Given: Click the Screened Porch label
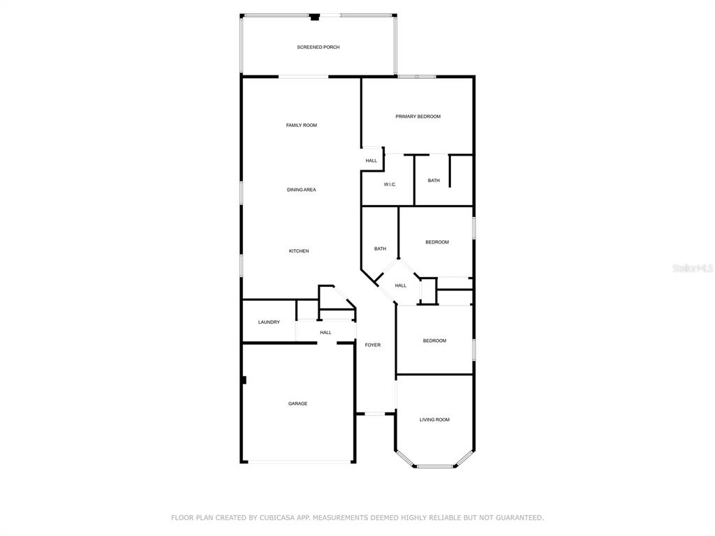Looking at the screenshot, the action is [x=318, y=47].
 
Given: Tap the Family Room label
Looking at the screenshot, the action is [x=302, y=126].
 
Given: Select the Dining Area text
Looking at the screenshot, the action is [x=302, y=190].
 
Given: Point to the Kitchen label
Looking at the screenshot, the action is [x=299, y=251].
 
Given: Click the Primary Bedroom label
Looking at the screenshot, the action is [x=418, y=117].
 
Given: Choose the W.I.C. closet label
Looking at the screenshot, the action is [x=390, y=184].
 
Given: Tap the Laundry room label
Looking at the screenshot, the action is [x=269, y=322].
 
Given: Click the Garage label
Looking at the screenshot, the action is [x=297, y=404].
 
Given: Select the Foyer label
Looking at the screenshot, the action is [x=373, y=345].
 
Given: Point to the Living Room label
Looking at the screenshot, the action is [x=434, y=419].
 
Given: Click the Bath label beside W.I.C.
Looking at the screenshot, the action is [x=434, y=181].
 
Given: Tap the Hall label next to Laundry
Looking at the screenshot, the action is [x=325, y=333].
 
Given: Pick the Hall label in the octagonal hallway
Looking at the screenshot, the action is [x=400, y=285].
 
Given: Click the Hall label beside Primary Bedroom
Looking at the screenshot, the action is [x=371, y=161].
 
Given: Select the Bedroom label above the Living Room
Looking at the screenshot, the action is [x=434, y=341].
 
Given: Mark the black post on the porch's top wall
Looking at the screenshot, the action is [x=315, y=17].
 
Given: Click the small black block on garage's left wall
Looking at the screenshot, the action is [x=244, y=380].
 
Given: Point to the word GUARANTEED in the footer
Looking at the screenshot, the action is [x=519, y=518].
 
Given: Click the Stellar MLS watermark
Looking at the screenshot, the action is [x=693, y=268].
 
